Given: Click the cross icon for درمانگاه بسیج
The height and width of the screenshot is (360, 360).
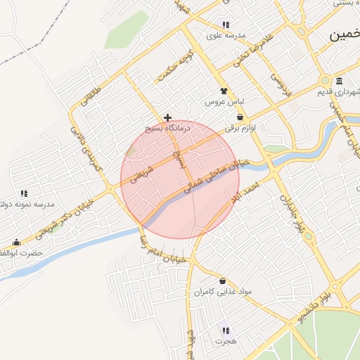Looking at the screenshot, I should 167,117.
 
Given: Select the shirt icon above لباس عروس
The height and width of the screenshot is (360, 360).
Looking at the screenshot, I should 224,91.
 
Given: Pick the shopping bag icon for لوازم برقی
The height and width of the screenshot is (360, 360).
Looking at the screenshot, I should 240,117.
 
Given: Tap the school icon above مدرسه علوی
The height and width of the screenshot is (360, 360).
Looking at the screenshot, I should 225,25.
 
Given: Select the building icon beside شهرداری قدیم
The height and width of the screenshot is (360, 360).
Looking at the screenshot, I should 340,80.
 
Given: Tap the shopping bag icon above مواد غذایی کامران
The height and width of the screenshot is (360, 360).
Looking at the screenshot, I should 223,281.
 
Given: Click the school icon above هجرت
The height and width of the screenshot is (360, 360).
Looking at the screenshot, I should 226,330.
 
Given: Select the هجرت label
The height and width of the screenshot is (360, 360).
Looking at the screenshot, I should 226,341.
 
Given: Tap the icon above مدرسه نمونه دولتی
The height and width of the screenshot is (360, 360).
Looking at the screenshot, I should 24,193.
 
